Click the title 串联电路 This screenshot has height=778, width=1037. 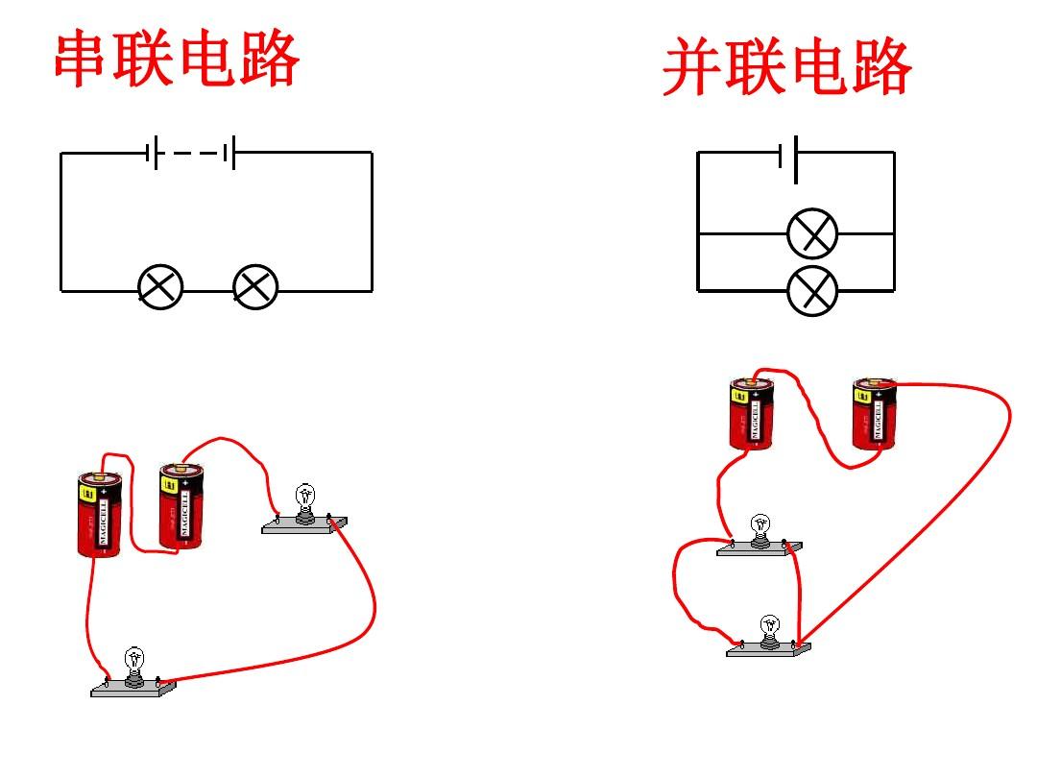(x=177, y=60)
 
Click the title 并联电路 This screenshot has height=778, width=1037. (x=786, y=68)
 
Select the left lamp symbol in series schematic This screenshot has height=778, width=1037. (x=160, y=287)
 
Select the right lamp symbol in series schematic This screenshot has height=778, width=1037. (x=255, y=287)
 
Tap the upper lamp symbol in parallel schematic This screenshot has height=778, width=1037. (x=812, y=233)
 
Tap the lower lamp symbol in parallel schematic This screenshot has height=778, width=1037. (x=812, y=290)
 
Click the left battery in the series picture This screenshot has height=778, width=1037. (x=100, y=514)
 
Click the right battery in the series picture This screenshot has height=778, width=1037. (x=181, y=506)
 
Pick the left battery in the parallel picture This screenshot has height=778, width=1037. (x=752, y=413)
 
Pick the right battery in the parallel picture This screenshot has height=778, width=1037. (x=875, y=414)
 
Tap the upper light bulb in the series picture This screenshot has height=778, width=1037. (x=304, y=500)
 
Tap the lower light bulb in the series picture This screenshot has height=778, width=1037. (x=133, y=662)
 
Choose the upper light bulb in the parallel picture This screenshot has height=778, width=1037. (x=760, y=527)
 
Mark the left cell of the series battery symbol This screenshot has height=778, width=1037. (x=153, y=153)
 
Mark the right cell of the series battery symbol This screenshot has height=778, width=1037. (x=230, y=153)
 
